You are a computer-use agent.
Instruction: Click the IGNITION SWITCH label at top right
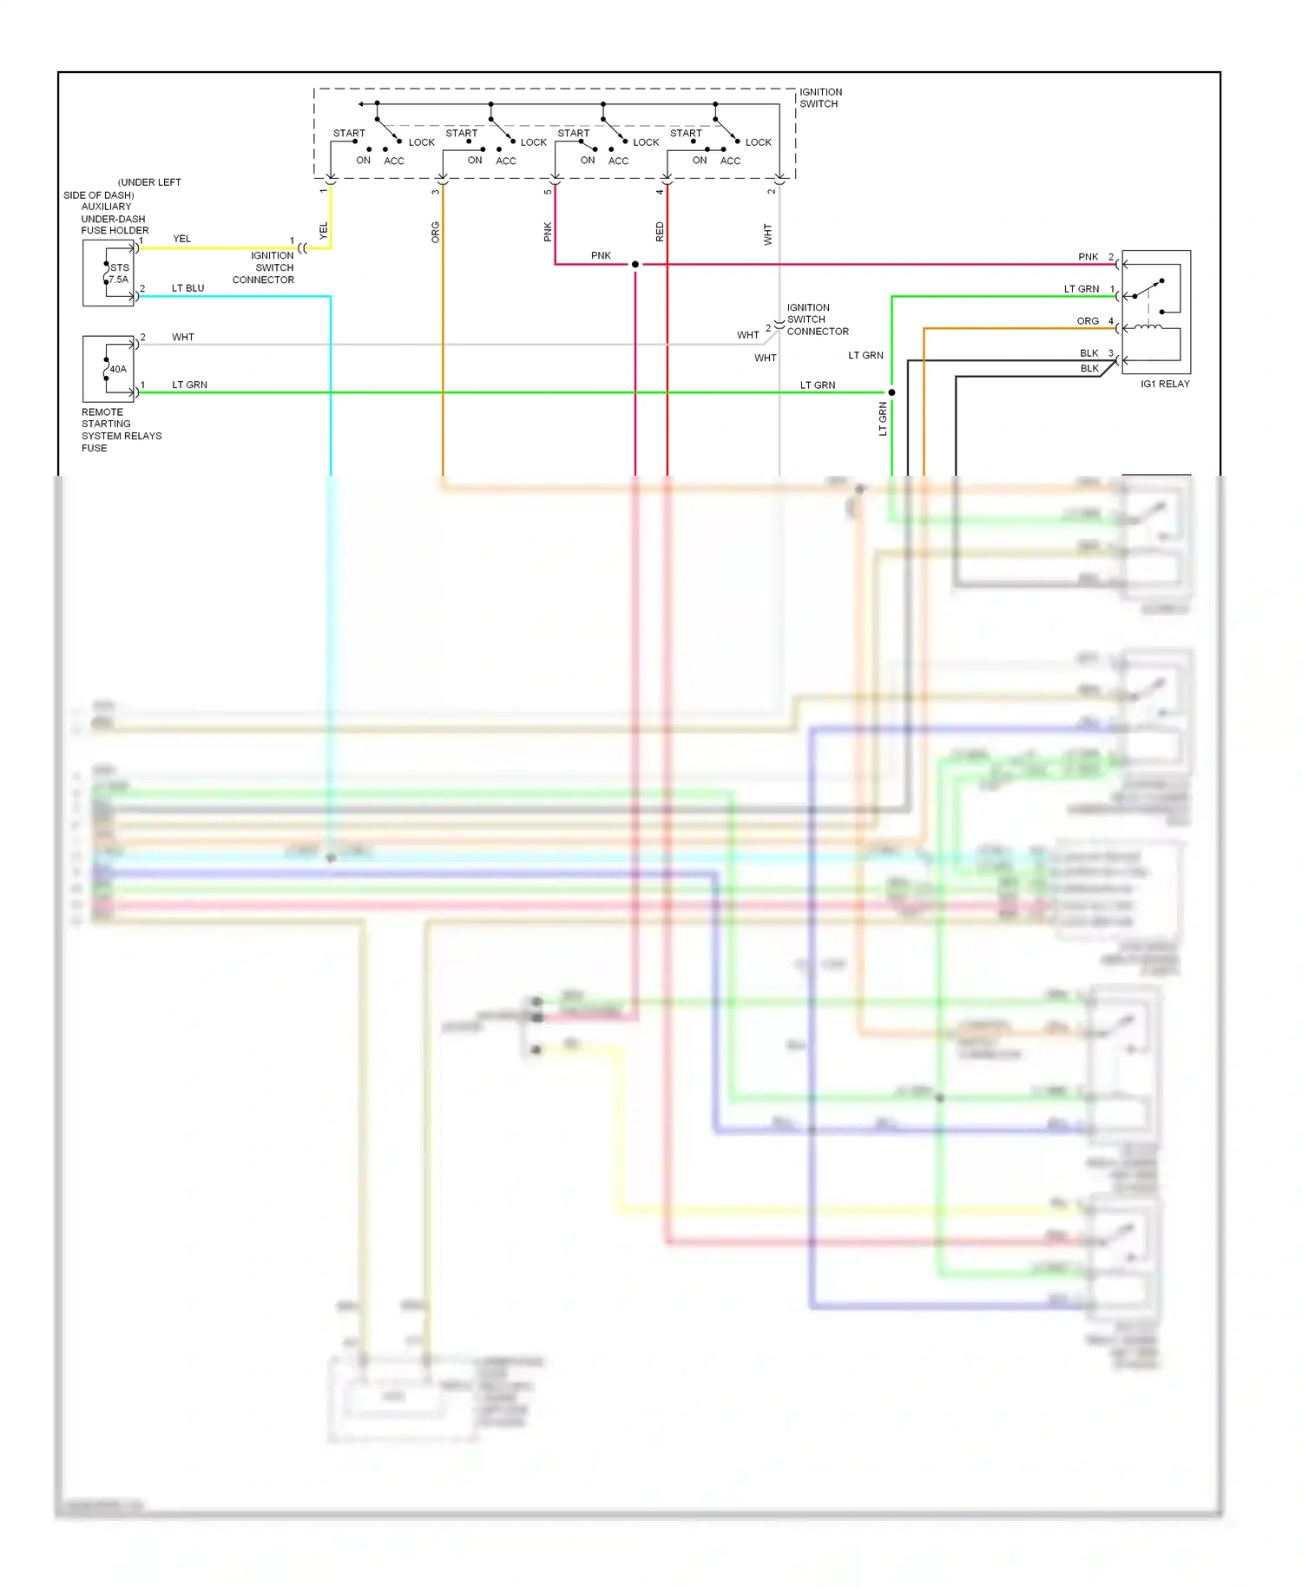820,97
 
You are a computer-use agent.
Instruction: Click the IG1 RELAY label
1165,384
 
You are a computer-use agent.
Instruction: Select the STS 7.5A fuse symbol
108,273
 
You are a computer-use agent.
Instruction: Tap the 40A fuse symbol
108,369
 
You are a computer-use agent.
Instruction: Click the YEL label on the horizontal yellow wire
181,239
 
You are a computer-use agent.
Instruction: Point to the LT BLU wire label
187,288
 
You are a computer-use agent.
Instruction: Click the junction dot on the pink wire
635,264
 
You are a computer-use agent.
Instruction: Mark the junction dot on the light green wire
891,392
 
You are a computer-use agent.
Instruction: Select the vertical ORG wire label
436,232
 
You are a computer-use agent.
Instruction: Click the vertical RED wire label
660,232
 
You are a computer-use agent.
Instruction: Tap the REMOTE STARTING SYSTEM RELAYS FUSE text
121,430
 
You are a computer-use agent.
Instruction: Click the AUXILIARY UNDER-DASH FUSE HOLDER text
114,219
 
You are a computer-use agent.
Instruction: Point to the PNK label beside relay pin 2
1088,257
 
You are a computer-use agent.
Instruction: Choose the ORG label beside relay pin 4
1087,321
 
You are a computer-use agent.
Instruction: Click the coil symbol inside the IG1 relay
1149,328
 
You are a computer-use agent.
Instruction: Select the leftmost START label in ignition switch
349,133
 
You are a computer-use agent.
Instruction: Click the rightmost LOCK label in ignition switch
758,142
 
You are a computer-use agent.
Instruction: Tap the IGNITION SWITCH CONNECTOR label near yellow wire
265,267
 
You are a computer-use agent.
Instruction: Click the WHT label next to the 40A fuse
183,337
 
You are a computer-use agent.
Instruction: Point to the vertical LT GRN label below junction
883,418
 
